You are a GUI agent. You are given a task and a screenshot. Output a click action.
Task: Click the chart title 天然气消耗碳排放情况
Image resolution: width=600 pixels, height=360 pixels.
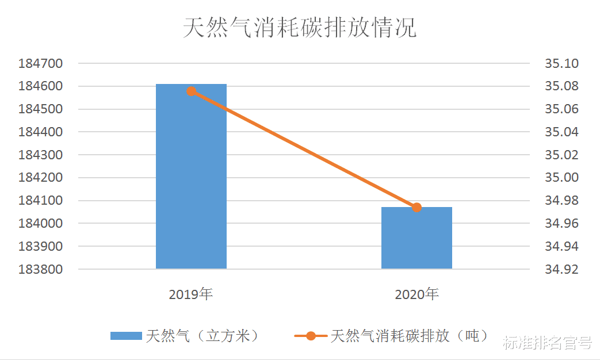(x=300, y=28)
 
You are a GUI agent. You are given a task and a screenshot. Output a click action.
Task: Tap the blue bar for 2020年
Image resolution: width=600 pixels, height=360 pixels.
(x=416, y=238)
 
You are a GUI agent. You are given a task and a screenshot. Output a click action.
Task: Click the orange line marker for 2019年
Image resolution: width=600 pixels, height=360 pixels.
(x=192, y=91)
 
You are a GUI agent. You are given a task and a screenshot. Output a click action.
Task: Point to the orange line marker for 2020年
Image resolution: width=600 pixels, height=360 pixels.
(x=417, y=208)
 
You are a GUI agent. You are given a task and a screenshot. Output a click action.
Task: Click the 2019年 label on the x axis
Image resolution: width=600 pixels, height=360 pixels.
(x=191, y=295)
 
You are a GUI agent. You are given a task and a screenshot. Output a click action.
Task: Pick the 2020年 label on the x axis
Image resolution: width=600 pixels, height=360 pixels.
(x=416, y=295)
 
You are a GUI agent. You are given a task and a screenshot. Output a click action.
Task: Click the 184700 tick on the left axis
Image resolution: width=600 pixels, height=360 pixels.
(x=40, y=64)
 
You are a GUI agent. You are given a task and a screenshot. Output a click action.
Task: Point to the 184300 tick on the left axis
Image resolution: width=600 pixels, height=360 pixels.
(x=40, y=155)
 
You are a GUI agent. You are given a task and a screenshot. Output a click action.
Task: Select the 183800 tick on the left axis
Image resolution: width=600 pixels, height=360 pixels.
(x=40, y=269)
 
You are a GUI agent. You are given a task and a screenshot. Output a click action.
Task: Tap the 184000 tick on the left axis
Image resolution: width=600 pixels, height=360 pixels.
(x=40, y=224)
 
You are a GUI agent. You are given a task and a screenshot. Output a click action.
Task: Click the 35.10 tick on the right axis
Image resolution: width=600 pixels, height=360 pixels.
(x=562, y=64)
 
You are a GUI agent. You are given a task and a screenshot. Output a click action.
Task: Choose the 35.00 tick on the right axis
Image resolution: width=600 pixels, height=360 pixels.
(x=562, y=178)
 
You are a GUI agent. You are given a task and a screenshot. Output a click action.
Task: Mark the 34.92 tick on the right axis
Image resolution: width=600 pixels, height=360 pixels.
(x=562, y=269)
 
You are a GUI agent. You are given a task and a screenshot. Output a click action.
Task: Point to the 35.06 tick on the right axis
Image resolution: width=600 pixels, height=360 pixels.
(x=562, y=109)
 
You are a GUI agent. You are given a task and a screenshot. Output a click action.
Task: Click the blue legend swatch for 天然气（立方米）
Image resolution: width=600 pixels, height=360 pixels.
(x=126, y=336)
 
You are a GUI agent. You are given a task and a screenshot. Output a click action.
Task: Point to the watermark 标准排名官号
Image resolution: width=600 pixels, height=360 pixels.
(x=547, y=343)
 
